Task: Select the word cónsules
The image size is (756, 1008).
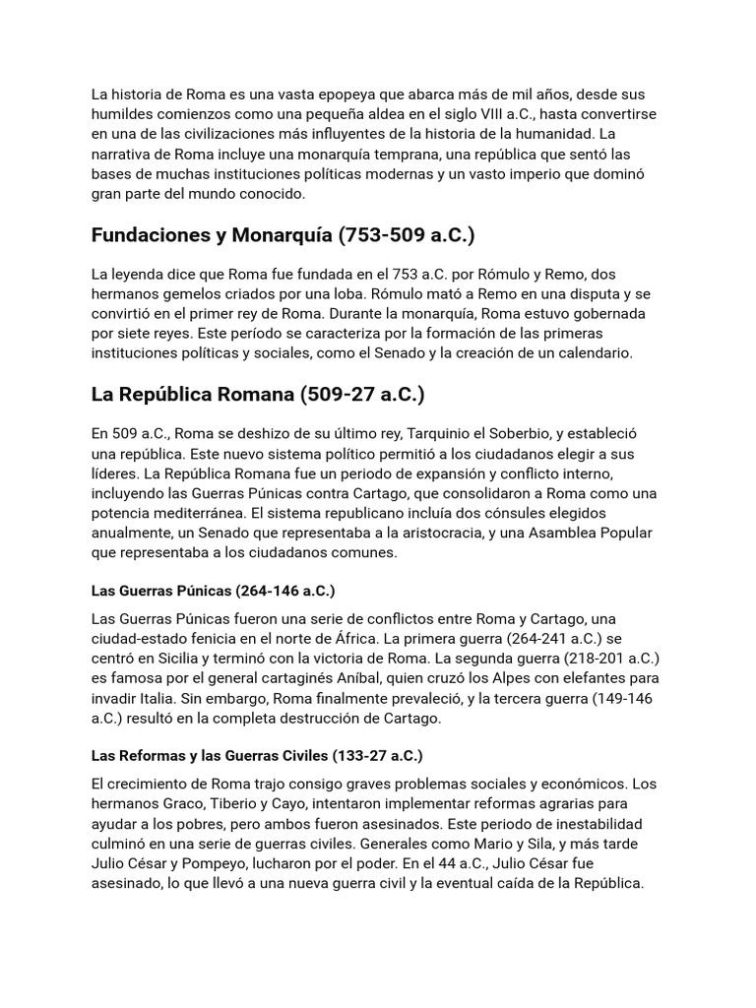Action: tap(528, 514)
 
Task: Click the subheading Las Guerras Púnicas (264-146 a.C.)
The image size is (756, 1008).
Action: tap(213, 591)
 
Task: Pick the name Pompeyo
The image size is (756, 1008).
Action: tap(219, 863)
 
